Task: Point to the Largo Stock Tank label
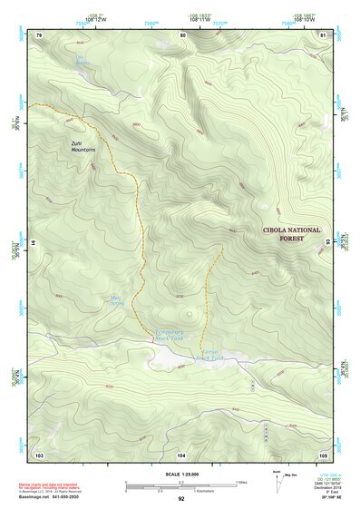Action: [x=209, y=355]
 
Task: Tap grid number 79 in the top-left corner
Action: [x=39, y=34]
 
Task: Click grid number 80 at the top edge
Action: [x=182, y=34]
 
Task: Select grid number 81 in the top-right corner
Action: [x=322, y=34]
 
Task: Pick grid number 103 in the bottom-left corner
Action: [x=39, y=453]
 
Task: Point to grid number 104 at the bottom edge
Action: [x=181, y=453]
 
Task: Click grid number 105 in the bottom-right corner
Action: [x=322, y=453]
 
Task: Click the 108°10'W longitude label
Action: [x=304, y=17]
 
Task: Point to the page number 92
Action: [x=181, y=498]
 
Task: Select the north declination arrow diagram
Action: [x=277, y=486]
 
